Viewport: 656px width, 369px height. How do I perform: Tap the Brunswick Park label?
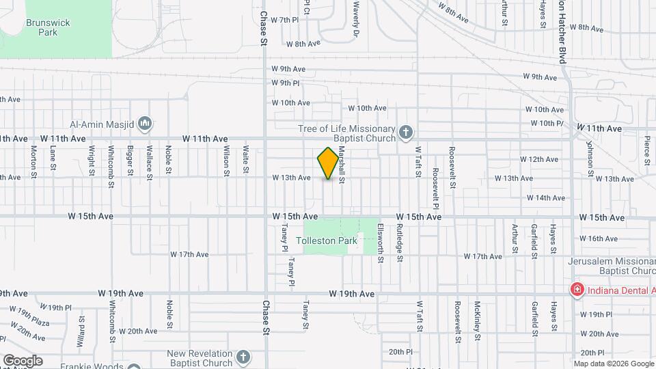pyautogui.click(x=48, y=27)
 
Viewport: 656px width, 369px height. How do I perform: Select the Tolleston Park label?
pyautogui.click(x=327, y=241)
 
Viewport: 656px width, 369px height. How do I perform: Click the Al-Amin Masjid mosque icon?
pyautogui.click(x=144, y=124)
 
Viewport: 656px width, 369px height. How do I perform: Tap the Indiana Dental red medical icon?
pyautogui.click(x=577, y=290)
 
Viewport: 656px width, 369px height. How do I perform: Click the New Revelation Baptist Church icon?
pyautogui.click(x=243, y=356)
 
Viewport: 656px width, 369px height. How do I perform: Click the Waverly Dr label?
pyautogui.click(x=356, y=18)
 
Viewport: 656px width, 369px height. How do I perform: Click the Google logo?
pyautogui.click(x=22, y=361)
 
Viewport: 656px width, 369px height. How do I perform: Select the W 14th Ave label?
pyautogui.click(x=546, y=198)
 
